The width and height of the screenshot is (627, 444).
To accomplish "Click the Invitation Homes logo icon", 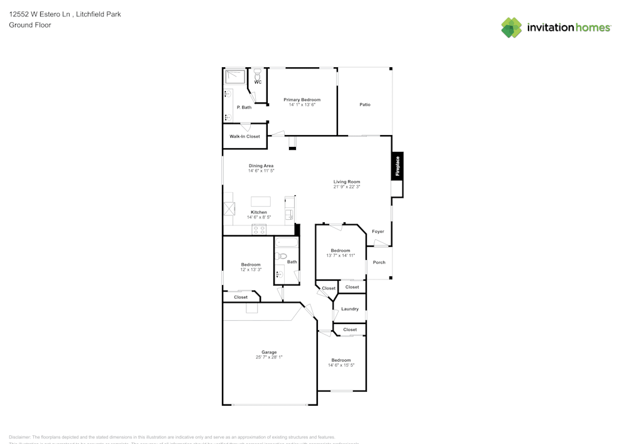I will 511,28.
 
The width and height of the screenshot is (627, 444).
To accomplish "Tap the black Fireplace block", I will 397,166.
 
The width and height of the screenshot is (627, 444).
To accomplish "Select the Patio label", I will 365,105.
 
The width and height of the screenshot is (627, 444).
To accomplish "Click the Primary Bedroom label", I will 302,100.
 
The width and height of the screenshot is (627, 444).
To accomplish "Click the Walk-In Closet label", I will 245,136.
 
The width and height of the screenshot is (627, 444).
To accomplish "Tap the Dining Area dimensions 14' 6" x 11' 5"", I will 261,171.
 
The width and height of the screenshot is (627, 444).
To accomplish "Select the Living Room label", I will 347,182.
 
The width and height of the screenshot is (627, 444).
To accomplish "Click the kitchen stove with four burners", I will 259,230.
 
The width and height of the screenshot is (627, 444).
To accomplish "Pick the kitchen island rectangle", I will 261,202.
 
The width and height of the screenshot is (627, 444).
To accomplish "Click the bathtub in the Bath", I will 286,242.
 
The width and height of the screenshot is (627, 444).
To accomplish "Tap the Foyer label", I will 378,232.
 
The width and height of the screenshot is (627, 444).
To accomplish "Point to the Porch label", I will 379,263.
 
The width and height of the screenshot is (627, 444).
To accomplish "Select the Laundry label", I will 350,309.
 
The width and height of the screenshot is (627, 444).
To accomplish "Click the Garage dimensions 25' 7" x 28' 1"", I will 269,357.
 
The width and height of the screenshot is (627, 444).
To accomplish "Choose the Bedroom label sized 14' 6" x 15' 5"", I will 341,360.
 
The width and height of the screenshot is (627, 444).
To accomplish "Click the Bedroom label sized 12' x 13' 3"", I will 251,265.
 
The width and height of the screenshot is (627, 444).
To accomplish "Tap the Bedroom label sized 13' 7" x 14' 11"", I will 340,251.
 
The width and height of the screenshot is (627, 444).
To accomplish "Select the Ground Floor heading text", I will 30,25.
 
